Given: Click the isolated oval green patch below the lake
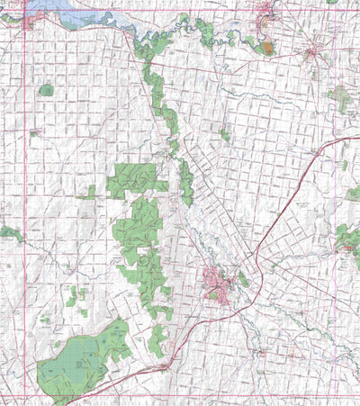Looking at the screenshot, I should point(46,90).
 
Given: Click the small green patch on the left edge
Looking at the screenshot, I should point(9,233).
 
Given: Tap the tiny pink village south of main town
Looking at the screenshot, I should point(261,353).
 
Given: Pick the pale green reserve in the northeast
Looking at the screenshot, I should point(340,96).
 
